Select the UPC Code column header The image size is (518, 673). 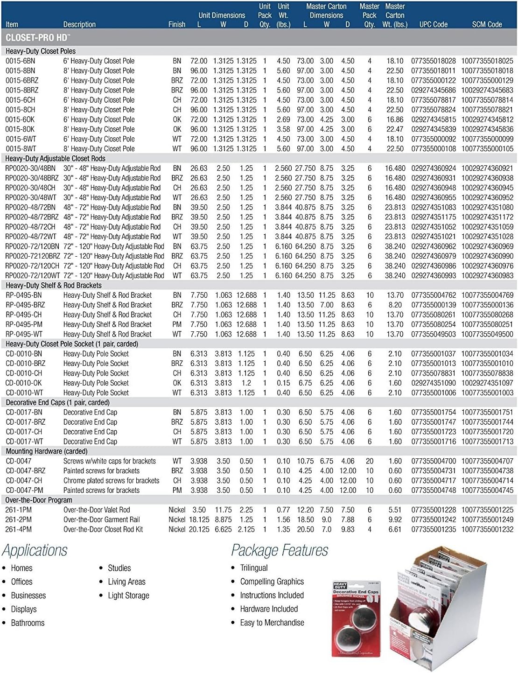coord(433,24)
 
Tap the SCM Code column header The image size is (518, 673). coord(487,24)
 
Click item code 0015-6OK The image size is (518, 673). coord(20,119)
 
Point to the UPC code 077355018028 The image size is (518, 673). coord(433,61)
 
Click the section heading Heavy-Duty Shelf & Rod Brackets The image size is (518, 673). coord(54,285)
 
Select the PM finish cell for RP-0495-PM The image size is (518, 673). coord(177,324)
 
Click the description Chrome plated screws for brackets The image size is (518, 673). coord(111,480)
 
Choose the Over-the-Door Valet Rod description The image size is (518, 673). coord(97,510)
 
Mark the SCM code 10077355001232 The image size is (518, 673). coord(487,529)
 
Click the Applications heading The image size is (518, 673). coord(35,551)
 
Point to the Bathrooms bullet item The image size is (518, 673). coord(28,623)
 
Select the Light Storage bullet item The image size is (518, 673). coord(128,596)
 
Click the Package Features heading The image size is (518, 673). coord(280,551)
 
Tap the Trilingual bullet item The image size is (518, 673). coord(254,568)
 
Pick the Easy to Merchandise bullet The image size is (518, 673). coord(272,623)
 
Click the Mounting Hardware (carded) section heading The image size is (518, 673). coord(47,451)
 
